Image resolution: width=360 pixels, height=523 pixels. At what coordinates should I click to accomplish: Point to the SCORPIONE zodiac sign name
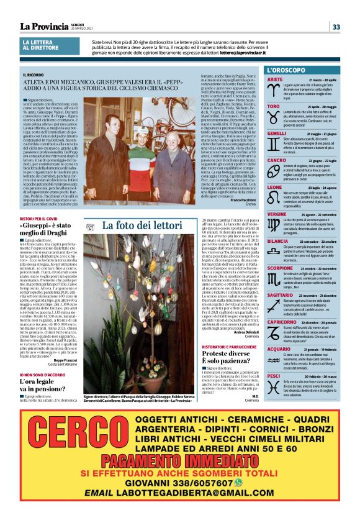(x=279, y=268)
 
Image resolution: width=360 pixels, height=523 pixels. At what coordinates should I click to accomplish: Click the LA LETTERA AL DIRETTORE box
(x=43, y=46)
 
